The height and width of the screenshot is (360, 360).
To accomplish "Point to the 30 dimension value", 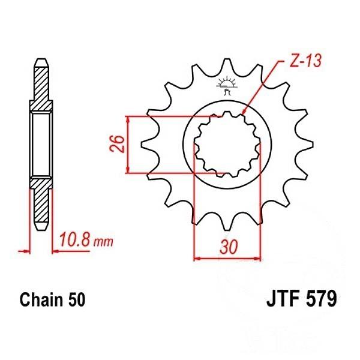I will (x=226, y=247).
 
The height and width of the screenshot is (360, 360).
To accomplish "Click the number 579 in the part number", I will (x=321, y=298).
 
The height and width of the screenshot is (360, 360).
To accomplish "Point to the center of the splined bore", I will (x=226, y=145).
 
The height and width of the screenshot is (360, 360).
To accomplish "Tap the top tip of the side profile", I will (x=40, y=60).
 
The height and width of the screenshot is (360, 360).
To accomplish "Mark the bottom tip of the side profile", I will (x=40, y=230).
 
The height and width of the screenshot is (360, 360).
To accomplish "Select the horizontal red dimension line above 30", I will (x=226, y=259).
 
